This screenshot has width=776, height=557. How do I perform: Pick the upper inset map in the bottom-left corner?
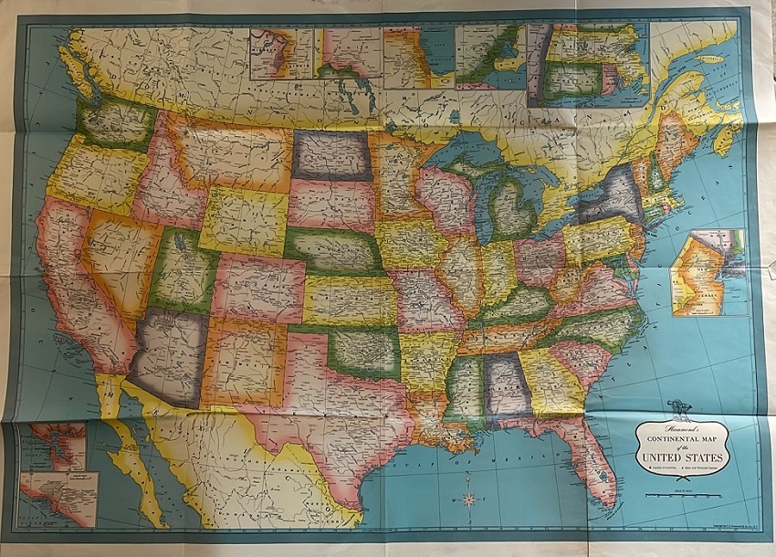57,446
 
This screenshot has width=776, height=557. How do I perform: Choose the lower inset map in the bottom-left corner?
61,498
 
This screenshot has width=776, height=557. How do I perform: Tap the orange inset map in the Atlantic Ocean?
709,271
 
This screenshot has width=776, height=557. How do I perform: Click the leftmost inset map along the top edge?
281,53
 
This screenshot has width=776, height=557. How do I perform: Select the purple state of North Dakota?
331,155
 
